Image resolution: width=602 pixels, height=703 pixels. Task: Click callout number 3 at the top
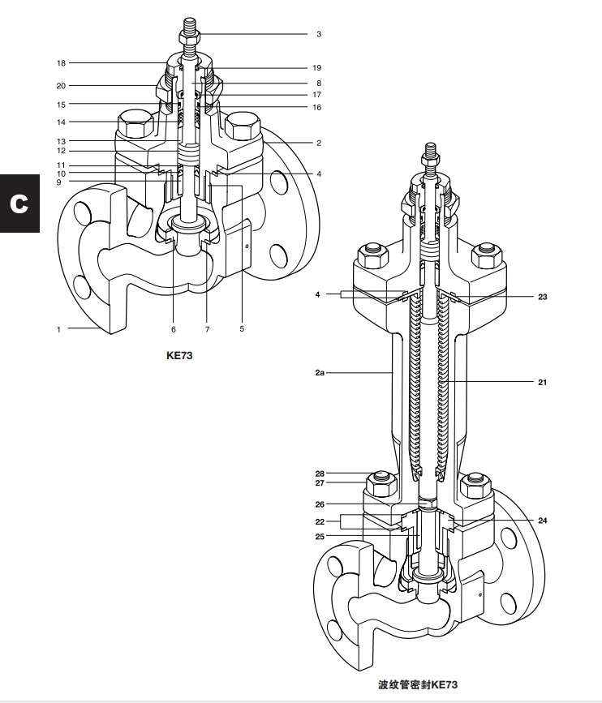point(319,35)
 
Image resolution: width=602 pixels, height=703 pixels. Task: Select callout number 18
point(62,62)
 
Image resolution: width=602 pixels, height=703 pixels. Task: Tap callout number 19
point(317,68)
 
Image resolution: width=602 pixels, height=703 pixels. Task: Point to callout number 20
point(62,85)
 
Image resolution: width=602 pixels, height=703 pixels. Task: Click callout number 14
point(62,122)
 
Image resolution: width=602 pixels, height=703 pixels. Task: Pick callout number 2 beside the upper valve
point(319,143)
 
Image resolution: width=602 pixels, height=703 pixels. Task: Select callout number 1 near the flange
point(58,329)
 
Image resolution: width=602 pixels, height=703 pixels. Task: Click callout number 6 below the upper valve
point(173,329)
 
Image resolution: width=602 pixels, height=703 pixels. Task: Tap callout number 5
point(241,329)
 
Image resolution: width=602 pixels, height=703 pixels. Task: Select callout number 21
point(541,380)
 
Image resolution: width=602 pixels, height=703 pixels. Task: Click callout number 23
point(541,297)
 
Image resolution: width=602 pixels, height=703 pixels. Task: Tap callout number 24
point(541,521)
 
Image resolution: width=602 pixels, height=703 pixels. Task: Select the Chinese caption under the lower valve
point(412,686)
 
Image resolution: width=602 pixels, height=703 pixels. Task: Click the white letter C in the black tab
point(19,202)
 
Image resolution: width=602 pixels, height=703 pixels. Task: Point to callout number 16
point(317,107)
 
